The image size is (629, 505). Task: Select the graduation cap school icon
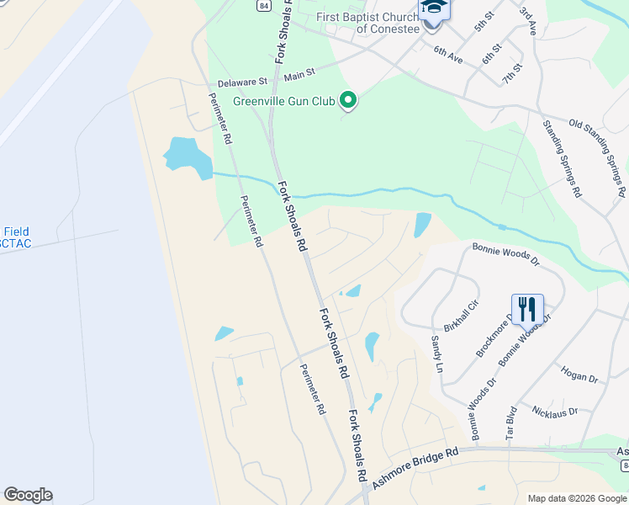(x=435, y=8)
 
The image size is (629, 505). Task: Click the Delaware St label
(x=241, y=82)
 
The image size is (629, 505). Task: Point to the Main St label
(x=299, y=76)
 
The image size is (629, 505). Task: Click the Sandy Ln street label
(x=436, y=353)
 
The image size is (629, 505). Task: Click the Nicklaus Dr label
(x=555, y=411)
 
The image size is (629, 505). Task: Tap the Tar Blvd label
(x=509, y=422)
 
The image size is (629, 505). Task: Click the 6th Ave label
(x=448, y=55)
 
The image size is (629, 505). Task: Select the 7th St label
(x=511, y=72)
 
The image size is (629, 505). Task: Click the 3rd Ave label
(x=527, y=21)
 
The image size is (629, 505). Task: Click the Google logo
(x=28, y=495)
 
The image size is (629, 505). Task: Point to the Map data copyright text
(x=576, y=497)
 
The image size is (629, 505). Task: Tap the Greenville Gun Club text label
(x=284, y=102)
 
